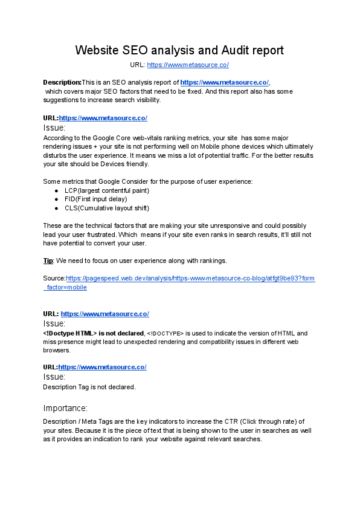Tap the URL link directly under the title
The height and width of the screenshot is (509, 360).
(188, 65)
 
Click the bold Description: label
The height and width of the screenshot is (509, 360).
(62, 82)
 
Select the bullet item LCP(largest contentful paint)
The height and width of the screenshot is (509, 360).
(107, 190)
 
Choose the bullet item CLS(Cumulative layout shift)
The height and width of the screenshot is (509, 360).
(107, 208)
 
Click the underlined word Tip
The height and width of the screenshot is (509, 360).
(48, 261)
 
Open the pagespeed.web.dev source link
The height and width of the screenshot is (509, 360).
(190, 279)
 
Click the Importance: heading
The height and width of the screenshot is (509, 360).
(65, 407)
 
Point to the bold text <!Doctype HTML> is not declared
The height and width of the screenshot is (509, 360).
(93, 333)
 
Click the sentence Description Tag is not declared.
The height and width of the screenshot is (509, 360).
(89, 386)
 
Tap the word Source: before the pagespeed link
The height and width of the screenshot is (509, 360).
(54, 279)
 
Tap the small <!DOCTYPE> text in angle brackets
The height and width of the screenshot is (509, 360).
(165, 333)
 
